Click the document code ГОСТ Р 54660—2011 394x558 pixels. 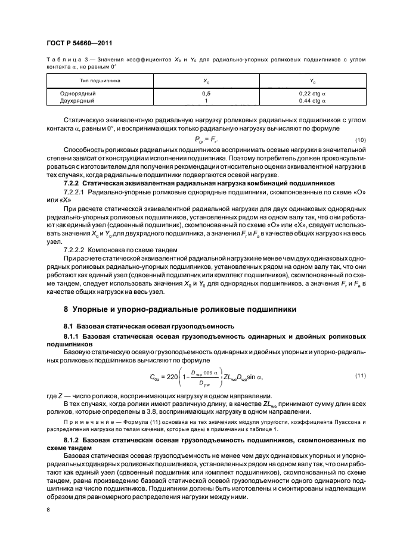click(79, 44)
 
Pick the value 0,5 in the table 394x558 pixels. click(206, 94)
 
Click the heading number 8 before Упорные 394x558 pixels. click(66, 310)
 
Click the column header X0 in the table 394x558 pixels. click(206, 79)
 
